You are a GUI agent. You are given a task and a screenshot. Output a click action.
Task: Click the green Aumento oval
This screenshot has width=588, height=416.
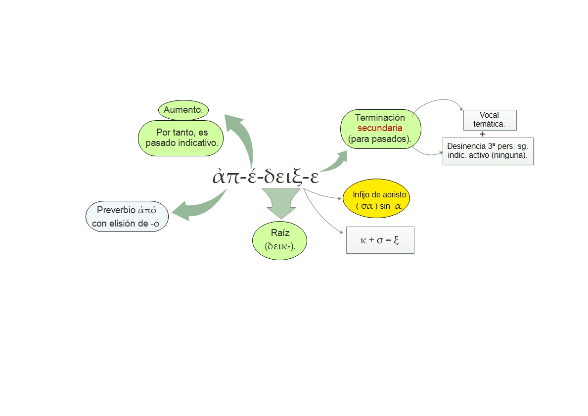pos(183,110)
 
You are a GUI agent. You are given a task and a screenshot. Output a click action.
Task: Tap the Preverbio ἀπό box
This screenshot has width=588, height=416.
pos(127,217)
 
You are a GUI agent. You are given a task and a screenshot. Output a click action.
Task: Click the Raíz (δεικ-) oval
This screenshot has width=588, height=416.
pos(279,239)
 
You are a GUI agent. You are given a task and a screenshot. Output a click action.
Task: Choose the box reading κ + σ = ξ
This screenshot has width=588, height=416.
pos(380,240)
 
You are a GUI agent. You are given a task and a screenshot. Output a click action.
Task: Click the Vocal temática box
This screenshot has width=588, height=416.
pos(489,120)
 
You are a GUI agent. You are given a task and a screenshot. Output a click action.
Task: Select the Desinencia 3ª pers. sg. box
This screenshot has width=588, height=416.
pos(488,151)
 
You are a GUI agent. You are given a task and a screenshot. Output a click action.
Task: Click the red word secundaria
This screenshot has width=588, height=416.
pos(380,128)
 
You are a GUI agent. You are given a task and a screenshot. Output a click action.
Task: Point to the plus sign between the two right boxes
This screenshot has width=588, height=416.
pos(482,134)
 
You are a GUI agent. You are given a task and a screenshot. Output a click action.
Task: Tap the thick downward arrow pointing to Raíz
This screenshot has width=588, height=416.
pos(280,202)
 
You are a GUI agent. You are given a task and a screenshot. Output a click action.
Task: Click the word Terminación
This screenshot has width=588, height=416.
pos(380,118)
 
